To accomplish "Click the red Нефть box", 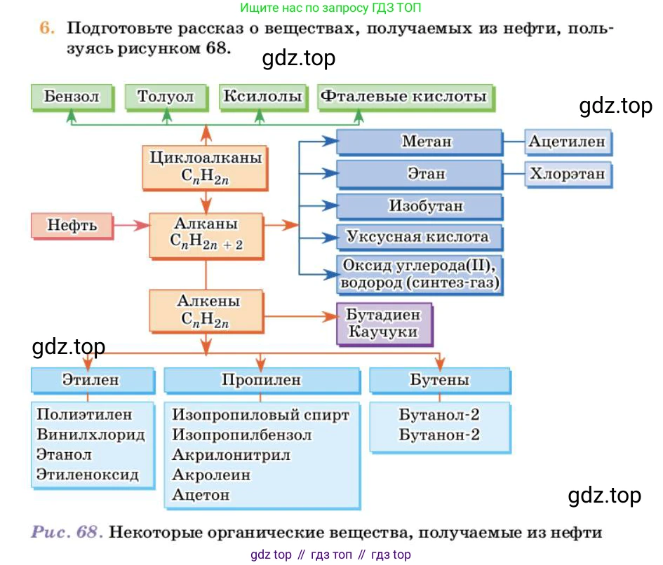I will click(x=72, y=226).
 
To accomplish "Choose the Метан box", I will click(x=420, y=142).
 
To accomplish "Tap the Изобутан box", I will click(x=420, y=206).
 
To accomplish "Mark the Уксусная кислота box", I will click(x=420, y=237).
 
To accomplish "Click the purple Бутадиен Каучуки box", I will click(x=384, y=323).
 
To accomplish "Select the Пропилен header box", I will click(x=261, y=380).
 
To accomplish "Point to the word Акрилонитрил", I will click(x=232, y=454).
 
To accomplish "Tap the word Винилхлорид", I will click(x=91, y=435).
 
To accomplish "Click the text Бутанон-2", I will click(x=439, y=435).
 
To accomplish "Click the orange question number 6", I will click(x=46, y=29).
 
